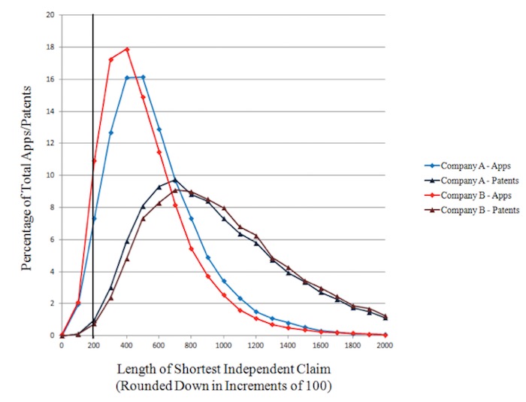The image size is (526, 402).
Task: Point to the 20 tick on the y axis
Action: [49, 14]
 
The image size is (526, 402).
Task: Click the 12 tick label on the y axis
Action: [49, 143]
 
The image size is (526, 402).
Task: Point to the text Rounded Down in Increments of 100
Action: [224, 386]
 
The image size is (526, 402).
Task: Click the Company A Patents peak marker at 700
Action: [174, 180]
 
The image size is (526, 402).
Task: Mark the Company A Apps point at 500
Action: [143, 77]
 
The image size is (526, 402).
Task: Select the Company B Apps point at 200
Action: [94, 160]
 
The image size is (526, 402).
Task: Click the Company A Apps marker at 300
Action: [110, 132]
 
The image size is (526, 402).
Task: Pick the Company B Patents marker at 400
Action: [127, 259]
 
